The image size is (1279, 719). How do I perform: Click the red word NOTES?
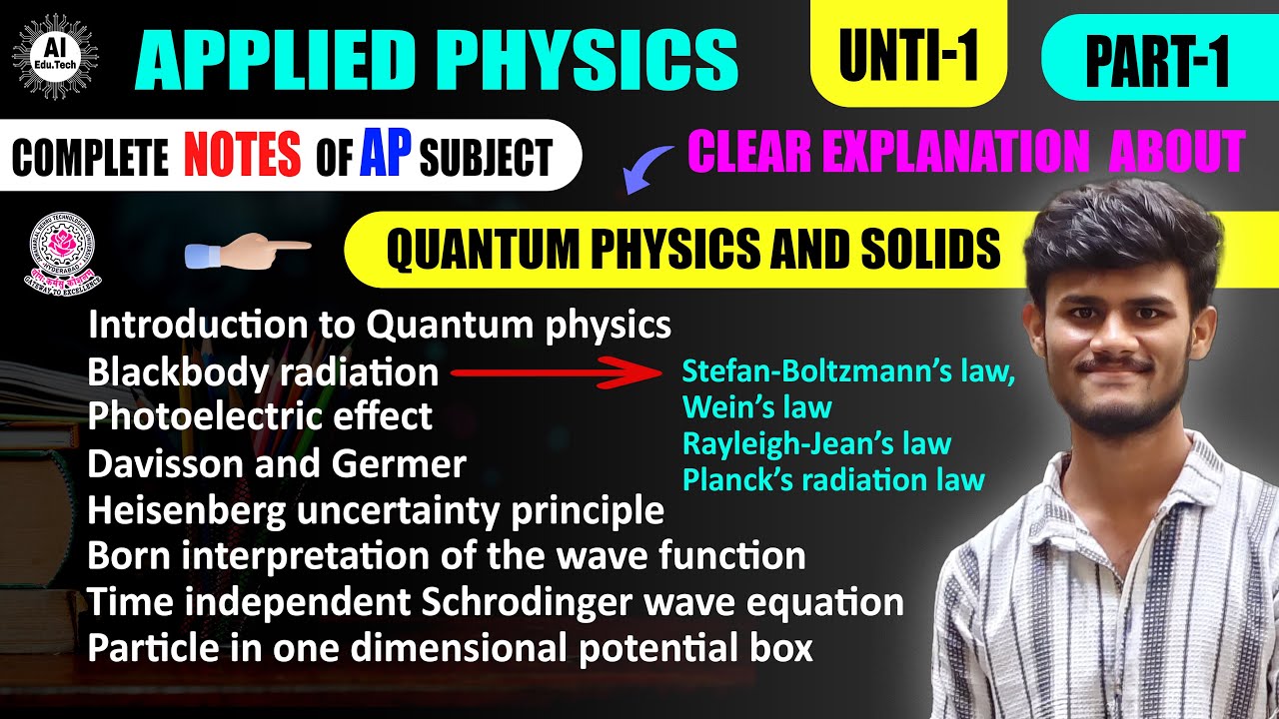(242, 157)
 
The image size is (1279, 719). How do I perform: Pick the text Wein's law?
(756, 407)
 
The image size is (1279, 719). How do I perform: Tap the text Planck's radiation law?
(833, 479)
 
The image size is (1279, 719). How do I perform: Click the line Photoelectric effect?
(260, 415)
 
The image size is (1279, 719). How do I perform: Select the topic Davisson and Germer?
(277, 463)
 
